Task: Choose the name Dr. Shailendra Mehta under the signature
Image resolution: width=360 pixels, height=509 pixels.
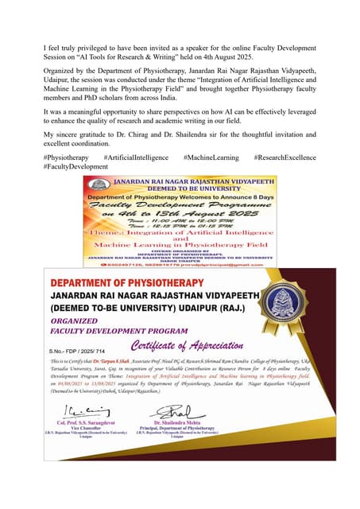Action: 178,425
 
